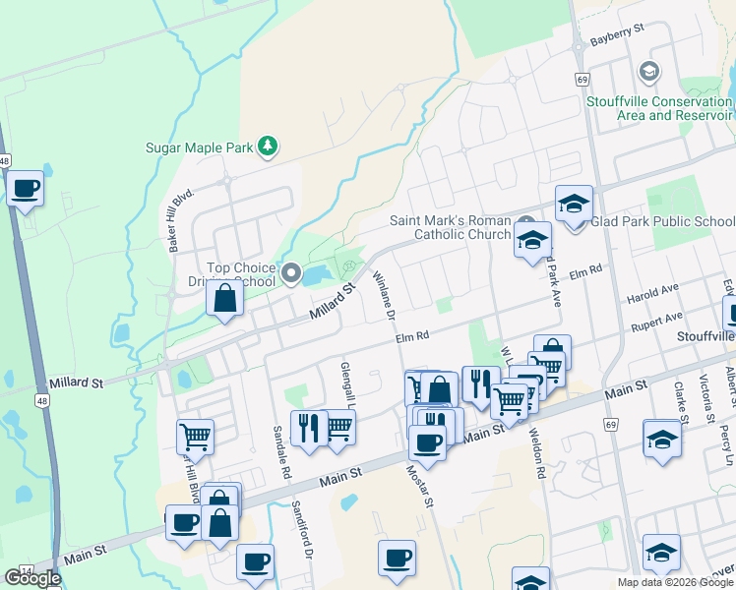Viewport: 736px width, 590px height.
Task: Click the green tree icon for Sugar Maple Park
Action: [x=268, y=147]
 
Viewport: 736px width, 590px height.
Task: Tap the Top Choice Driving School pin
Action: [x=291, y=273]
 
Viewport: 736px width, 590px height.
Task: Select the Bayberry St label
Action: [x=616, y=42]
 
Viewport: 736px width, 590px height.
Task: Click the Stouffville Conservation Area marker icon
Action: [x=648, y=72]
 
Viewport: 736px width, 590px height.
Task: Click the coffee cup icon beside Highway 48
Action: [x=26, y=188]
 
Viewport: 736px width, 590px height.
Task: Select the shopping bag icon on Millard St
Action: [x=225, y=299]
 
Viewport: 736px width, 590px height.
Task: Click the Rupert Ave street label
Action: [x=658, y=320]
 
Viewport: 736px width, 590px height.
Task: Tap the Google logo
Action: [x=32, y=578]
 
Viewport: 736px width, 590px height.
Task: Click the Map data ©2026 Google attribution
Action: [x=675, y=582]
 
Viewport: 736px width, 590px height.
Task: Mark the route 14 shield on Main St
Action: [x=27, y=570]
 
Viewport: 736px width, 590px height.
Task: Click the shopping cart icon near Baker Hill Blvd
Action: [x=195, y=436]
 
